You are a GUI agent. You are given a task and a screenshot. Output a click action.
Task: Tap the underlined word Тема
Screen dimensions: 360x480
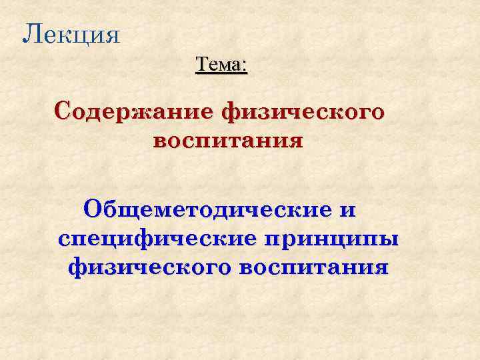[x=218, y=65]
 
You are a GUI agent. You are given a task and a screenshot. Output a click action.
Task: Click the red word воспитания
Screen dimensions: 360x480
[x=227, y=141]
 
